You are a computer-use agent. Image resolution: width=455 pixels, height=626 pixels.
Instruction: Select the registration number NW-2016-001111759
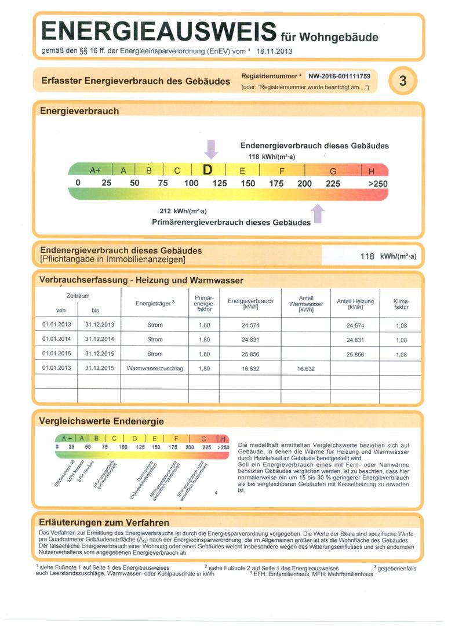pyautogui.click(x=339, y=76)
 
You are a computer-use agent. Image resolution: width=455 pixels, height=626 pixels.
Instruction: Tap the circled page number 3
pyautogui.click(x=403, y=81)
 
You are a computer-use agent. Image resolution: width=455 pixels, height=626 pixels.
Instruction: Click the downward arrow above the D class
pyautogui.click(x=212, y=150)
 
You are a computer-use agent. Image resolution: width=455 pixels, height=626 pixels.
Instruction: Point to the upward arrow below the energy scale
pyautogui.click(x=318, y=214)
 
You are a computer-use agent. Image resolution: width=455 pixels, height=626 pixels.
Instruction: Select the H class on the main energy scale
pyautogui.click(x=372, y=171)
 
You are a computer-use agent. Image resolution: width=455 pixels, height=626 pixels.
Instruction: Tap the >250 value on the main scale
pyautogui.click(x=377, y=184)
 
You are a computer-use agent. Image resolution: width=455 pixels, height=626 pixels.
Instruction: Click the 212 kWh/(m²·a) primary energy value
pyautogui.click(x=183, y=211)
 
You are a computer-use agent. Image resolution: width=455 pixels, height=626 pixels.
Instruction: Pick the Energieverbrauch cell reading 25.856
pyautogui.click(x=250, y=354)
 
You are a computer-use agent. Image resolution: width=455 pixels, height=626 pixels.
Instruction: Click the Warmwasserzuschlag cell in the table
pyautogui.click(x=155, y=368)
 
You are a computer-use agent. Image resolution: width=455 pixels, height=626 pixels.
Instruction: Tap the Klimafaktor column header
pyautogui.click(x=401, y=304)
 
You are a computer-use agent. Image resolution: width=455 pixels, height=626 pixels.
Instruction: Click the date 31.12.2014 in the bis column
pyautogui.click(x=100, y=340)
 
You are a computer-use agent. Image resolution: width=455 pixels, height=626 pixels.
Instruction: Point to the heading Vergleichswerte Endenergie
pyautogui.click(x=101, y=421)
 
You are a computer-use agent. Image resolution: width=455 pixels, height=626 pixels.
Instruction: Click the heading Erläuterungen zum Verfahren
pyautogui.click(x=104, y=522)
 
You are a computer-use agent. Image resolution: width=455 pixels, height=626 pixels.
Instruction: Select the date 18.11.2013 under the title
pyautogui.click(x=274, y=51)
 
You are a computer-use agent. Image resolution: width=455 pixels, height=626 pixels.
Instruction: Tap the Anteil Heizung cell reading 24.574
pyautogui.click(x=355, y=326)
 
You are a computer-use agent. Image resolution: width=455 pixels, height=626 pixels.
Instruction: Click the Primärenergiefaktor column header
pyautogui.click(x=204, y=303)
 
